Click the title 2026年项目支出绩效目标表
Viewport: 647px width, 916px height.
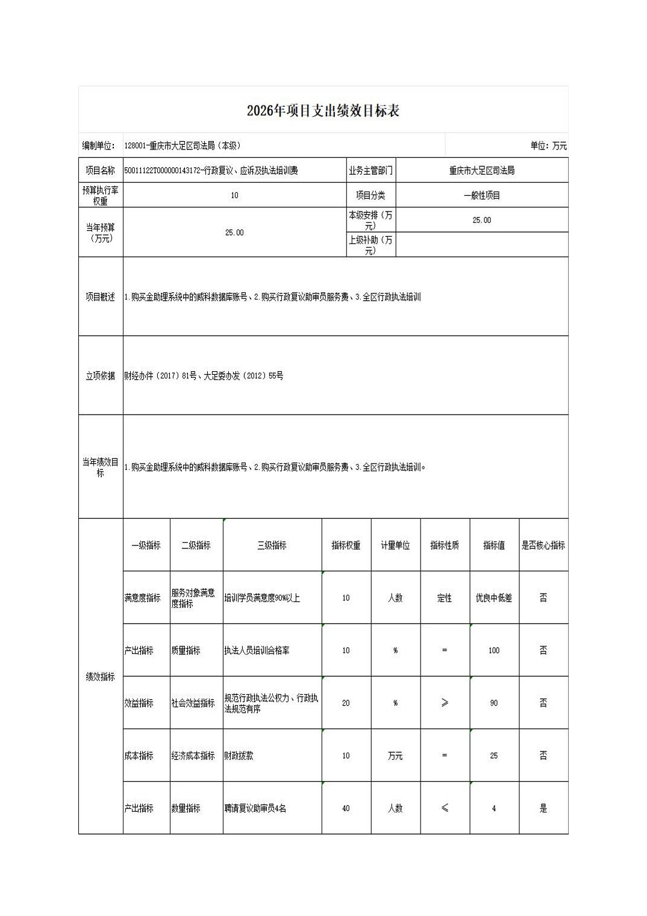(323, 111)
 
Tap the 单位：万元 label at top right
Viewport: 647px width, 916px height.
(548, 146)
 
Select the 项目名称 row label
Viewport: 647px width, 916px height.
(100, 171)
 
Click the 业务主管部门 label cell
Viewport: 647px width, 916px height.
(370, 171)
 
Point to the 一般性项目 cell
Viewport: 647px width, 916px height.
(481, 195)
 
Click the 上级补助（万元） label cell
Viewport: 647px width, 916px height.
(370, 245)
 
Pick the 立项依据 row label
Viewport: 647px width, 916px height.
(100, 375)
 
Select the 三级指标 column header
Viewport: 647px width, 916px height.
(272, 545)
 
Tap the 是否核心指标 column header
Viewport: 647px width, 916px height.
(543, 545)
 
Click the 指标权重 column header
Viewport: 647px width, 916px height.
(346, 545)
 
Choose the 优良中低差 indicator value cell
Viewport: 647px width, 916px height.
(493, 598)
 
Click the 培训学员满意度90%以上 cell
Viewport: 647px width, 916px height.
(262, 598)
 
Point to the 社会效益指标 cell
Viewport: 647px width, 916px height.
(193, 703)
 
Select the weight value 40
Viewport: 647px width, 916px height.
(346, 808)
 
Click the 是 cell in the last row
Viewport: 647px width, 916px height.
(543, 808)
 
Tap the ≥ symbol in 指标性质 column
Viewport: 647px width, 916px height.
(445, 703)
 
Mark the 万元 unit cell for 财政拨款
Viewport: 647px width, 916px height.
(395, 756)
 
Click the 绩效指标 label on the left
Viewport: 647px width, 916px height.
(100, 677)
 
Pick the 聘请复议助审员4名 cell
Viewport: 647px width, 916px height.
(255, 808)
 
